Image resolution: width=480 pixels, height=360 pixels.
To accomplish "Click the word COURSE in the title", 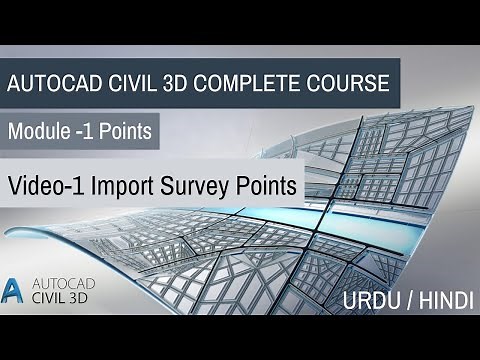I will point(342,83).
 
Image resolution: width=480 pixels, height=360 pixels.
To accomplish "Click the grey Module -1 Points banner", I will point(80,131).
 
